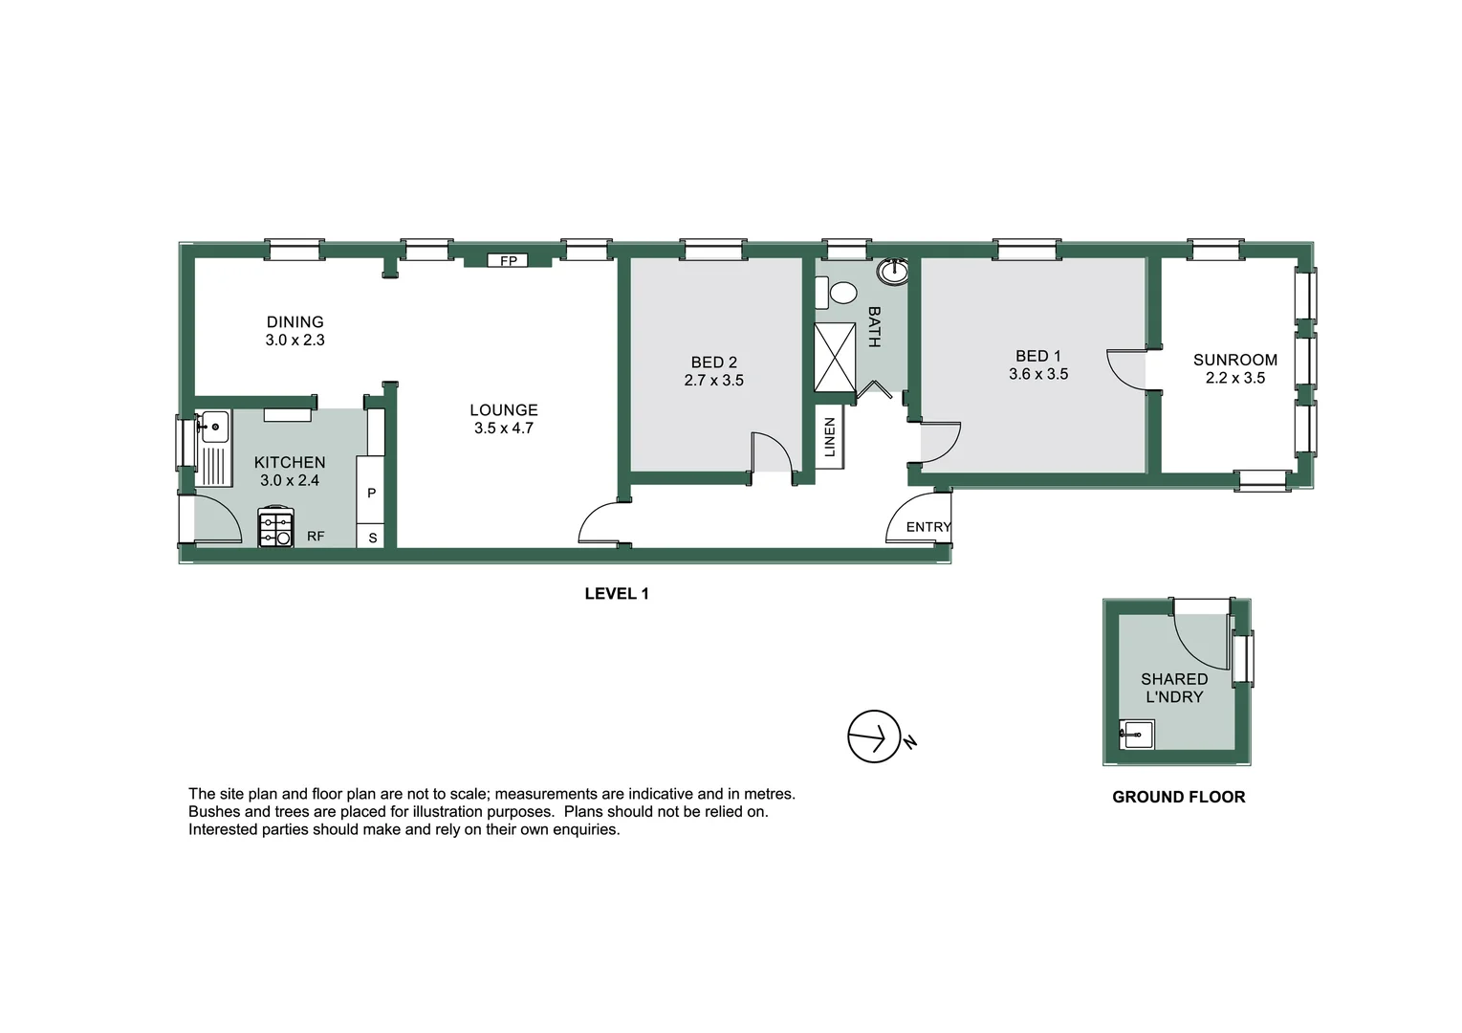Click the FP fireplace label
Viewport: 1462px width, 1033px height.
pyautogui.click(x=508, y=260)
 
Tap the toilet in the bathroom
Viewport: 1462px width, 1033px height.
pyautogui.click(x=841, y=293)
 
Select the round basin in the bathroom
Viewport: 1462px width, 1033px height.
pyautogui.click(x=893, y=272)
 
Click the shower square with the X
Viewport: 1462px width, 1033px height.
pyautogui.click(x=835, y=357)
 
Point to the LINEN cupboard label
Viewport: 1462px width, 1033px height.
pyautogui.click(x=830, y=437)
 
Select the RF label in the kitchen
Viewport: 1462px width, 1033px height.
pyautogui.click(x=316, y=537)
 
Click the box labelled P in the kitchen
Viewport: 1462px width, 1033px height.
pyautogui.click(x=371, y=493)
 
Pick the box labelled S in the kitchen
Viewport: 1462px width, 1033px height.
pyautogui.click(x=372, y=538)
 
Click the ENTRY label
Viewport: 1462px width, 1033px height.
pyautogui.click(x=927, y=527)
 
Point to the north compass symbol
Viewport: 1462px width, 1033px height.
pyautogui.click(x=875, y=736)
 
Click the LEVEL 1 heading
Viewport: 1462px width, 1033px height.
pyautogui.click(x=617, y=594)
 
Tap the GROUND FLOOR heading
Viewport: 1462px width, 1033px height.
pyautogui.click(x=1178, y=797)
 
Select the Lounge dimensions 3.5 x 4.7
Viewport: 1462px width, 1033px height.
pyautogui.click(x=504, y=429)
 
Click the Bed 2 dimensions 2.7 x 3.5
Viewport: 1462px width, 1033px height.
pyautogui.click(x=713, y=381)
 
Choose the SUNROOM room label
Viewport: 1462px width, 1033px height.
pyautogui.click(x=1234, y=360)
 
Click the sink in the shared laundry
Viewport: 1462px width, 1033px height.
pyautogui.click(x=1137, y=736)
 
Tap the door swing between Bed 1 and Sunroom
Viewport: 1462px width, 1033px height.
pyautogui.click(x=1126, y=369)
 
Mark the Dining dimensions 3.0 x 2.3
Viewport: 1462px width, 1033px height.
pyautogui.click(x=295, y=341)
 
